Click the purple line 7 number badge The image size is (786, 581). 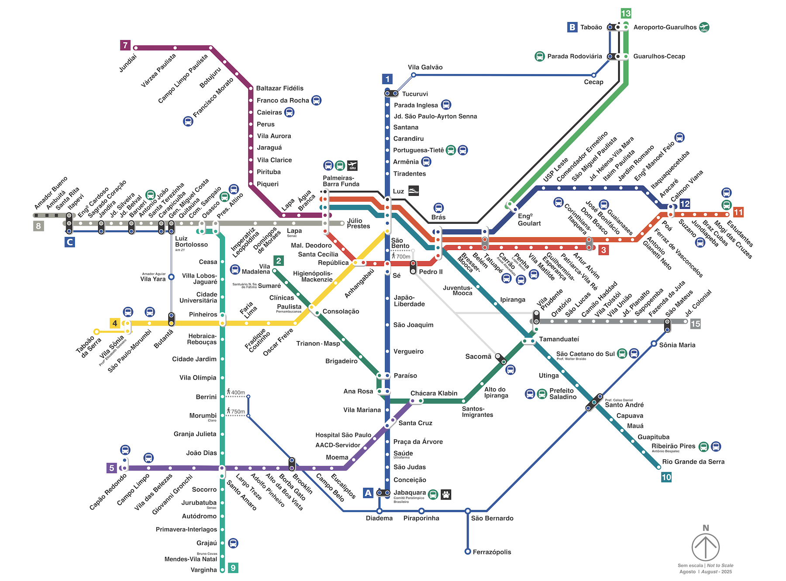coord(125,45)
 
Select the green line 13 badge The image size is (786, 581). coord(626,13)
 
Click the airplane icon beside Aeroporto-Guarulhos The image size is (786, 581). coord(704,27)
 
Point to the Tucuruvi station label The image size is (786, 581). coord(415,94)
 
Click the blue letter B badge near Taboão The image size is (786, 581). coord(572,27)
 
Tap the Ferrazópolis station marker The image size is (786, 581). coord(468,552)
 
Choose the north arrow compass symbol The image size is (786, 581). coord(705,546)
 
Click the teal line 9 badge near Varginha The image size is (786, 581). coord(233,567)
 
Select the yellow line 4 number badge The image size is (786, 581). coord(114,323)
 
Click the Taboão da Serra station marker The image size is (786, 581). coord(97,332)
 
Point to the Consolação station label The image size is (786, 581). coord(341,311)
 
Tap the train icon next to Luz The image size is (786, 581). coord(413,191)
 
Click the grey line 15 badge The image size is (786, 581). coord(695,324)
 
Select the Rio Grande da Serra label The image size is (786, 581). coord(693,462)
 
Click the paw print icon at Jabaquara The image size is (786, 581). coord(446,495)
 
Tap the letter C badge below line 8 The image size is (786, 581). coord(69,242)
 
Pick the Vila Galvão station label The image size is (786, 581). coord(425,67)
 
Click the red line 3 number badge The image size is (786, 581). coord(603,250)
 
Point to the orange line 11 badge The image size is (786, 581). coord(738,212)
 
